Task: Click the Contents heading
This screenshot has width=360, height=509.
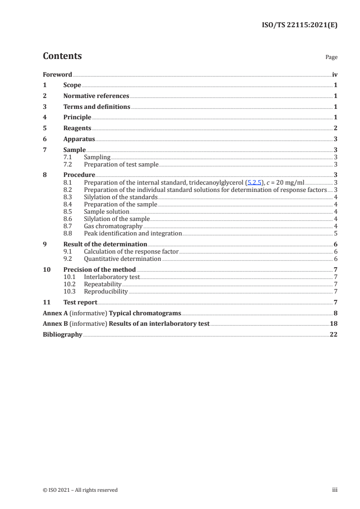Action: coord(62,56)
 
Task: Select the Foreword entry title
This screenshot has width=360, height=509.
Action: coord(57,74)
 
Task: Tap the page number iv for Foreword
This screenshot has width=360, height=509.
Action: coord(335,74)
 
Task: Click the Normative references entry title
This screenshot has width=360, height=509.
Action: coord(96,96)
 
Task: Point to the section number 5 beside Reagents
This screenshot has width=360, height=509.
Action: coord(44,128)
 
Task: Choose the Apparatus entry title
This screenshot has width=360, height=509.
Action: coord(79,139)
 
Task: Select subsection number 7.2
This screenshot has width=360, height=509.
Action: coord(68,165)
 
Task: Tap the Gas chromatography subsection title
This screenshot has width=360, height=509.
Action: coord(113,226)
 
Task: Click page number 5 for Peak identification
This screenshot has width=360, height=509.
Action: coord(335,234)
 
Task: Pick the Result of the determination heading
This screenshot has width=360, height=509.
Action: coord(105,244)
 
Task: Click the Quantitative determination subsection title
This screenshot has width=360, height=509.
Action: coord(123,259)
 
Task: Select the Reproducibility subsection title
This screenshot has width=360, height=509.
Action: coord(106,292)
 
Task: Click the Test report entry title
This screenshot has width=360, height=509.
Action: coord(80,302)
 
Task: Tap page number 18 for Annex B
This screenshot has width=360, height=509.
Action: coord(334,324)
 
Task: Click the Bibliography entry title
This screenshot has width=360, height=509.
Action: coord(63,335)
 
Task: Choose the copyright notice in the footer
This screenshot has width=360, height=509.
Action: coord(80,490)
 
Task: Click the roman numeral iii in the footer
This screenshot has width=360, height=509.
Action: coord(335,490)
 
